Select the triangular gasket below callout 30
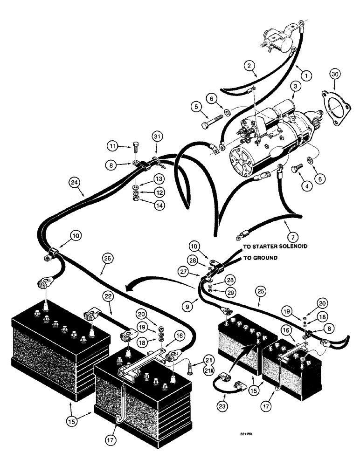333,104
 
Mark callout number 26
103,259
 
